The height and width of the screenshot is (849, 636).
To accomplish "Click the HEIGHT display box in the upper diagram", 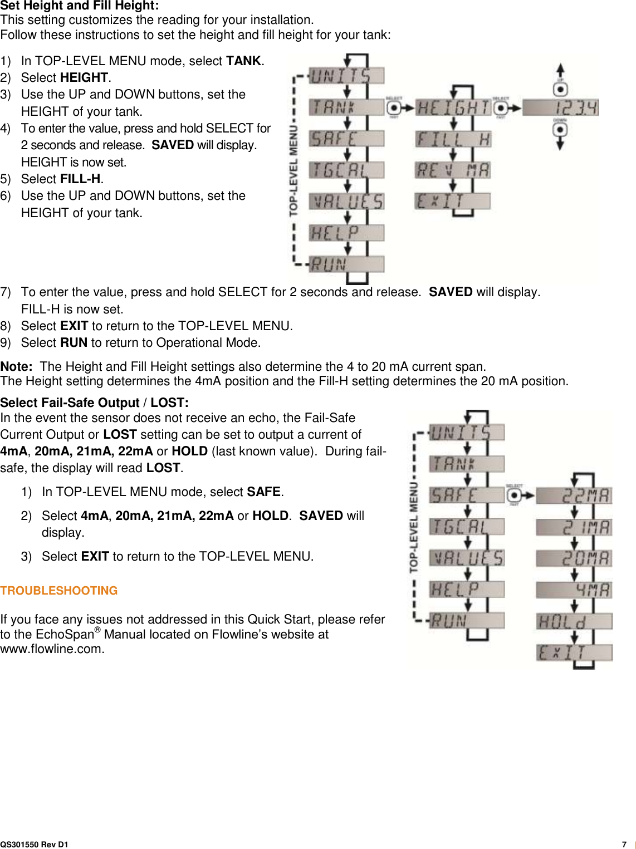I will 453,107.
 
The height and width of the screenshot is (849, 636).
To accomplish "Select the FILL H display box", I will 453,139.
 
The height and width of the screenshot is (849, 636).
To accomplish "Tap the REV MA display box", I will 453,170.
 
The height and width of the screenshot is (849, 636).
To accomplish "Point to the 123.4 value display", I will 561,107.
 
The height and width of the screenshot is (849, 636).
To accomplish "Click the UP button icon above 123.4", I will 560,89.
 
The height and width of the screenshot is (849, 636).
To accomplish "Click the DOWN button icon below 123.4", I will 560,130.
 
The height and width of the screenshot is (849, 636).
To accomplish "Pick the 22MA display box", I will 574,495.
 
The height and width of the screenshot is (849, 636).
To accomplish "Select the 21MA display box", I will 574,527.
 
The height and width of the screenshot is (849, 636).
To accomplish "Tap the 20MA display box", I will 574,558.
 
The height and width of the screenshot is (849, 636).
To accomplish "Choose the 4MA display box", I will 574,590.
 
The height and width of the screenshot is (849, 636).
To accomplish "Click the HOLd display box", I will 574,621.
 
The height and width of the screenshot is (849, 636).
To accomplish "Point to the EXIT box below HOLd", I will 574,652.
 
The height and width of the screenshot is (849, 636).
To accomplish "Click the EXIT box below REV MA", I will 453,201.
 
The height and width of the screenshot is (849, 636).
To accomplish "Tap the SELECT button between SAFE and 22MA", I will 515,495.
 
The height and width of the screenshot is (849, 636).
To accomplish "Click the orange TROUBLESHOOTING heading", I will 59,591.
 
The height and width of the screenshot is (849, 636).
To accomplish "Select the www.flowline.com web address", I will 52,649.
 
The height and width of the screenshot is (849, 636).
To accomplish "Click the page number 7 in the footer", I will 624,844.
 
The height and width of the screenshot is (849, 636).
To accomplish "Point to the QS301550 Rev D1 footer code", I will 35,845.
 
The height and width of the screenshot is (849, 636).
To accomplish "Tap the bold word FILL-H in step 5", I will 80,179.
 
